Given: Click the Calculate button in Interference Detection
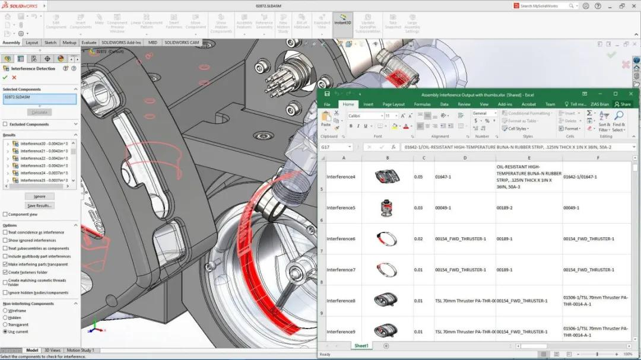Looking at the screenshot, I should tap(39, 112).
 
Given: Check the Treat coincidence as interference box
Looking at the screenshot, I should tap(5, 232).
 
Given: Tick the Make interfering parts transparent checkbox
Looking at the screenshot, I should tap(5, 264).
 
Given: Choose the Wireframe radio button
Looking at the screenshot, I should tap(5, 311).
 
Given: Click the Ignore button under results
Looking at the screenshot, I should tap(39, 196).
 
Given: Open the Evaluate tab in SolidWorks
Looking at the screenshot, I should tap(89, 43).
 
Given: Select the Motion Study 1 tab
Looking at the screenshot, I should tap(80, 351).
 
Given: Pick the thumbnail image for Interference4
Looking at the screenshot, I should tap(388, 177).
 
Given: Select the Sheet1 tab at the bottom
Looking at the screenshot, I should tap(361, 346).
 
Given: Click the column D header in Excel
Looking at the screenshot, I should tap(465, 158).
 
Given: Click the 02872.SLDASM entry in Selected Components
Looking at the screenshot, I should tap(39, 98).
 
